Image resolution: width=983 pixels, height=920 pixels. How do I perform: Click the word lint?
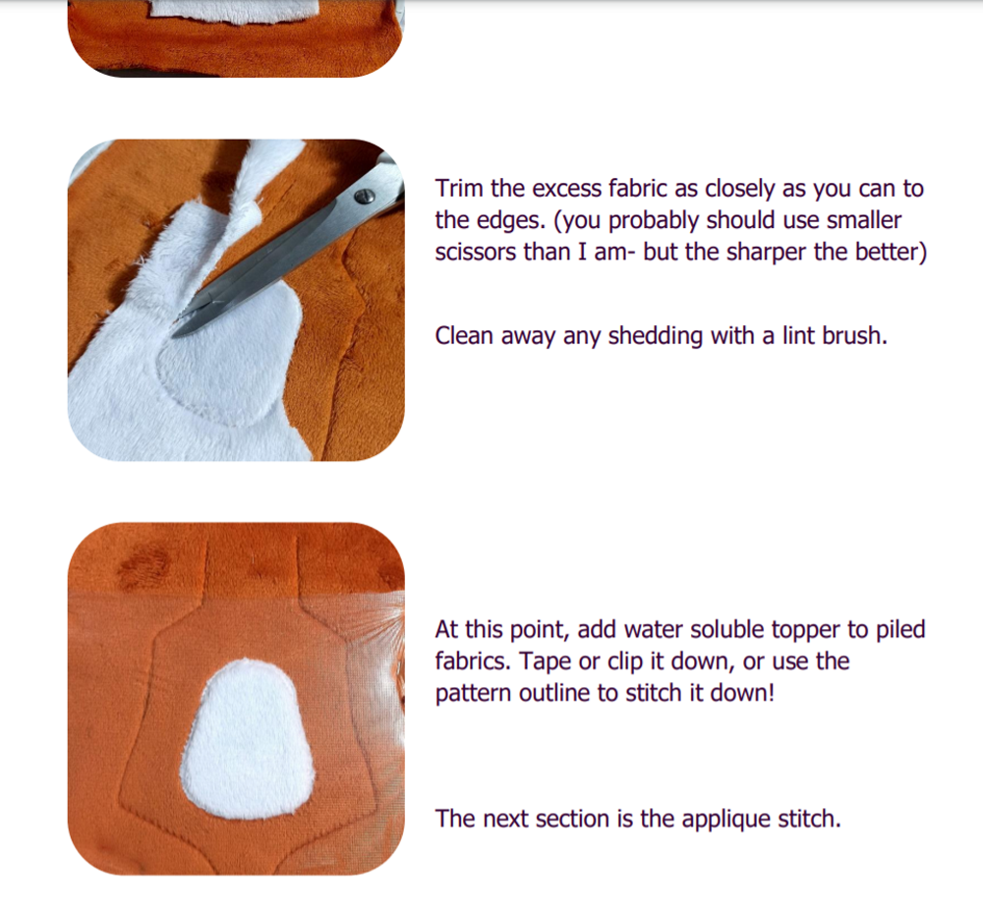click(x=797, y=336)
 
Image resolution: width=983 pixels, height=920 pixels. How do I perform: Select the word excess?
click(x=568, y=190)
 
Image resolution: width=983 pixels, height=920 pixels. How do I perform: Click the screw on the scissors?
click(x=365, y=197)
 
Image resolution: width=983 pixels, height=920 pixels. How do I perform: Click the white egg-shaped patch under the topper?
click(x=248, y=739)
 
